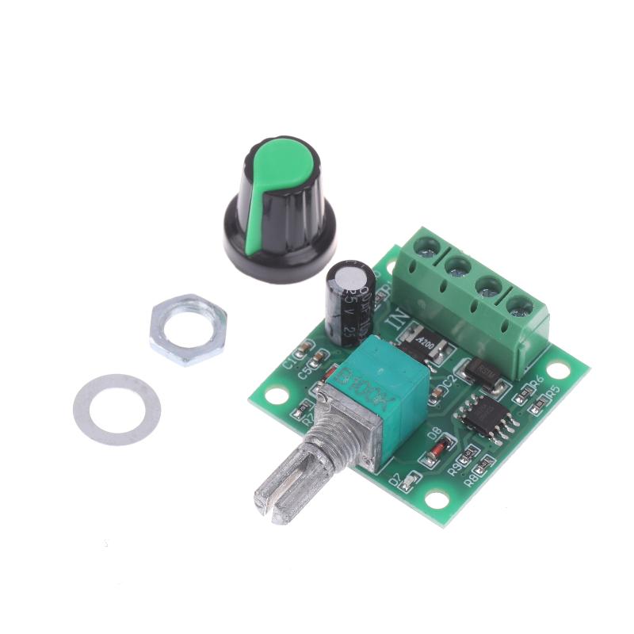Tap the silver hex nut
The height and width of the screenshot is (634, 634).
click(188, 329)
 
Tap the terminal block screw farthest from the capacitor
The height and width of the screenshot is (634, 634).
click(520, 304)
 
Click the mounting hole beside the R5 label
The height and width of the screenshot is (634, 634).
click(559, 369)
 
